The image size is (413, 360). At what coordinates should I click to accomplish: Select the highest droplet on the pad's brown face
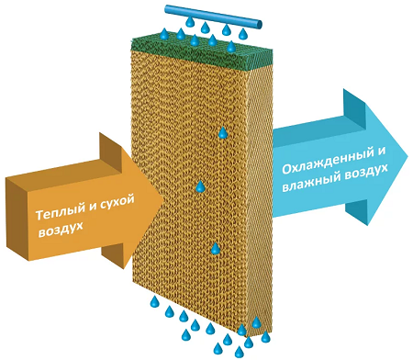(222, 133)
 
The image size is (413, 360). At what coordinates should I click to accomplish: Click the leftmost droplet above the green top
(164, 34)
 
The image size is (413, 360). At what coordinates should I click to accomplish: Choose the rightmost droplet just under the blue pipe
(242, 35)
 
